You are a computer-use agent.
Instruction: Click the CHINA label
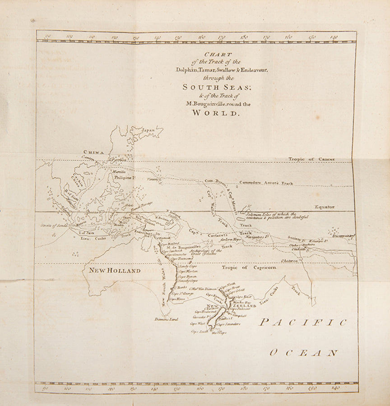[93, 152]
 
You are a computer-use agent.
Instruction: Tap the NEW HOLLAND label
[115, 270]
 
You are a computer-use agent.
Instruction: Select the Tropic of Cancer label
[311, 159]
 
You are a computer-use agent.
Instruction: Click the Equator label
[325, 207]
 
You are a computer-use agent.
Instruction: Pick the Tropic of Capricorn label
[248, 268]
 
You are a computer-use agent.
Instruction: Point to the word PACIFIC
[303, 322]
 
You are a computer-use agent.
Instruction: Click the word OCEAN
[304, 353]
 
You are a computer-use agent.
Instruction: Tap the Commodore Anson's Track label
[266, 183]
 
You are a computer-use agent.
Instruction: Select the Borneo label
[93, 212]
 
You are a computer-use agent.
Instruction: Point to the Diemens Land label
[167, 319]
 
